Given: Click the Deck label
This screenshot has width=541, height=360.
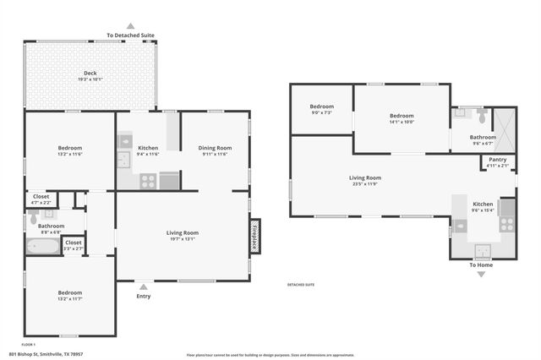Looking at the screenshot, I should coord(90,74).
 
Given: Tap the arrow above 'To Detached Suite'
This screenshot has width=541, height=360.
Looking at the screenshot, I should coord(130,26).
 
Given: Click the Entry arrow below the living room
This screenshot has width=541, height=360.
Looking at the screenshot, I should coord(143,286).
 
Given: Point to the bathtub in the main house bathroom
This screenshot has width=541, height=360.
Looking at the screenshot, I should coord(42,248).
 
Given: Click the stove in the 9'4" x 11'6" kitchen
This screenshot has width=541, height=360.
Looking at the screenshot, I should coord(147,179).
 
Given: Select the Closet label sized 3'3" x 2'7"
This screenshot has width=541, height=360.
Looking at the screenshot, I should coord(74,243).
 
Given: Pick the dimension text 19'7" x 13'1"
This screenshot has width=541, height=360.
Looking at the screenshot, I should coord(182,239).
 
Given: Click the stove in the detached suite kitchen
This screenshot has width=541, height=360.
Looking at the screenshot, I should coord(507,224).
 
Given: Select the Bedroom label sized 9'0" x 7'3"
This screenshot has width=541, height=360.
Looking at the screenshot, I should coord(322,106).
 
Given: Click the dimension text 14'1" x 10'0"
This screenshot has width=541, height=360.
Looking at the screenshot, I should coord(402,122).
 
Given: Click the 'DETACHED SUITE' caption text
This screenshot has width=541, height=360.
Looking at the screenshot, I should coord(301,285).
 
